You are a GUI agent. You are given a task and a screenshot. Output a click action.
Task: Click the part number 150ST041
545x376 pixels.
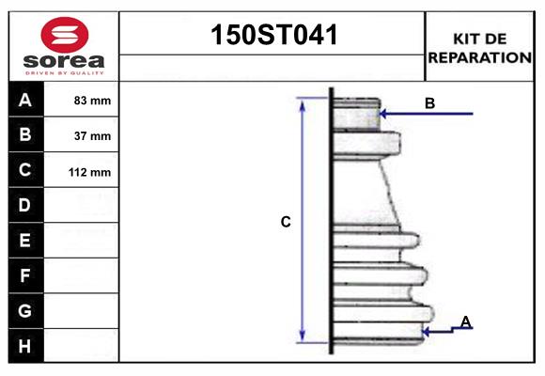pos(272,36)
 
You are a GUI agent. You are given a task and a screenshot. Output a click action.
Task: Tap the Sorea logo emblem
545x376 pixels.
pos(62,35)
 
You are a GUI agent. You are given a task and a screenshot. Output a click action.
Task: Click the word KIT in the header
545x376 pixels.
pos(467,39)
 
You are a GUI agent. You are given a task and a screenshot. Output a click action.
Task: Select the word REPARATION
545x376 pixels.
pos(480,57)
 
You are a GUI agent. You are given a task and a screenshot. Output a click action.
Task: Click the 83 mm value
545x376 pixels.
pos(92,101)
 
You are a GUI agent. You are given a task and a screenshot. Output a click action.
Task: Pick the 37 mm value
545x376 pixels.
pos(92,136)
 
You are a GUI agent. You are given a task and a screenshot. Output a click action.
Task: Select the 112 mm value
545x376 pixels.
pos(90,172)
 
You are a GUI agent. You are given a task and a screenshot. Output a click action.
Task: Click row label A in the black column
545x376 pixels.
pos(25,100)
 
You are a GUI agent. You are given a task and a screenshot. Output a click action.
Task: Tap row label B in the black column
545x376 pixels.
pos(25,135)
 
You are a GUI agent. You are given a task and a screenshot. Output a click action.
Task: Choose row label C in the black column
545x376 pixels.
pos(25,170)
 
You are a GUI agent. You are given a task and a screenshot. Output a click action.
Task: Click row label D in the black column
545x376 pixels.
pos(25,205)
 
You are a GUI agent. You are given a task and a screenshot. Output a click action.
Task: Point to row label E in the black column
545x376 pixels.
pos(25,241)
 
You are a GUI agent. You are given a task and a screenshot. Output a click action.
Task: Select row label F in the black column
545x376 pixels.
pos(25,275)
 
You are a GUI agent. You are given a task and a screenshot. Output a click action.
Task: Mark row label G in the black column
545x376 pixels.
pos(25,310)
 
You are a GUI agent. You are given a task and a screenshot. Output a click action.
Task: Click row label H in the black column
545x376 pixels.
pos(25,346)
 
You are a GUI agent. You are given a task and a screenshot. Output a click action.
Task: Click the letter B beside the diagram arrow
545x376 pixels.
pos(429,103)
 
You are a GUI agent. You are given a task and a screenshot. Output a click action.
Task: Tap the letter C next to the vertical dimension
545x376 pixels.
pos(286,223)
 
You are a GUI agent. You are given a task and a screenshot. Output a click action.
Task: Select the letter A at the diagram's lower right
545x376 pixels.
pos(465,322)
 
